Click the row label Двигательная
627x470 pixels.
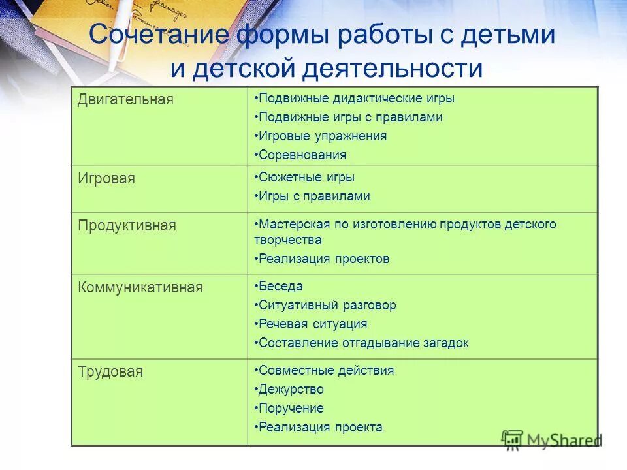point(126,100)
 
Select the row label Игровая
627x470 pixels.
point(106,178)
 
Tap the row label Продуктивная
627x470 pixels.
point(127,226)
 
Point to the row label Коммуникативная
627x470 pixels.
point(140,287)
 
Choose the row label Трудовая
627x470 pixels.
point(110,372)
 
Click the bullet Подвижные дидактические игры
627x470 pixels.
point(355,99)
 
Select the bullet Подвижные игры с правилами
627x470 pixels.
point(350,117)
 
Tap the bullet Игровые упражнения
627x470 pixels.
point(322,136)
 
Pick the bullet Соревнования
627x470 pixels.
point(302,155)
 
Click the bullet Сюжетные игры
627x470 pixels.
point(306,178)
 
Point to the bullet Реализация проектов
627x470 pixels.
point(323,258)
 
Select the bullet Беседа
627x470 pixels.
point(280,286)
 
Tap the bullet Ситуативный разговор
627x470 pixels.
point(327,305)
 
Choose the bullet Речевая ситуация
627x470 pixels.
point(312,324)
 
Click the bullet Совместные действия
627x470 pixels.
point(326,371)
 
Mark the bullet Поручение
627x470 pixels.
point(291,409)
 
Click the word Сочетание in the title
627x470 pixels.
point(165,34)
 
